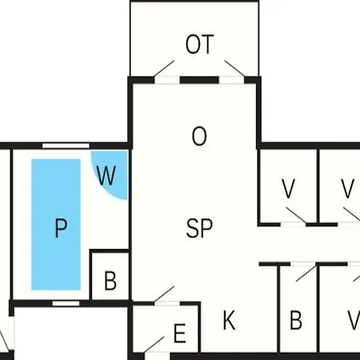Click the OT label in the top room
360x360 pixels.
200,44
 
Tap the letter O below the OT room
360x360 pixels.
199,136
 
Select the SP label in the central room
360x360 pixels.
199,228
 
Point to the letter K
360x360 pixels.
229,320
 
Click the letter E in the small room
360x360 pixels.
180,333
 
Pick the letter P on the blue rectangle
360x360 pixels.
61,228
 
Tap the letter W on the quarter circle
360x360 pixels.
106,175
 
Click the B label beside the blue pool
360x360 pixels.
110,280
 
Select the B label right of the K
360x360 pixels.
296,320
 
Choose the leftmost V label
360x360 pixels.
288,189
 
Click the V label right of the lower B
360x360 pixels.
354,320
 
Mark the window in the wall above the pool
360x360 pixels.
66,146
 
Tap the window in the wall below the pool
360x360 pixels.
66,303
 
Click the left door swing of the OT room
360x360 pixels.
164,68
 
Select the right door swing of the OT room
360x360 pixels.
234,68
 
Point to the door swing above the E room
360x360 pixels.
164,294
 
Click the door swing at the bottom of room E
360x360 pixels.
154,345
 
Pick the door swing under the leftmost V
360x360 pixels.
296,215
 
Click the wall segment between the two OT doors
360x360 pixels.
199,80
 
